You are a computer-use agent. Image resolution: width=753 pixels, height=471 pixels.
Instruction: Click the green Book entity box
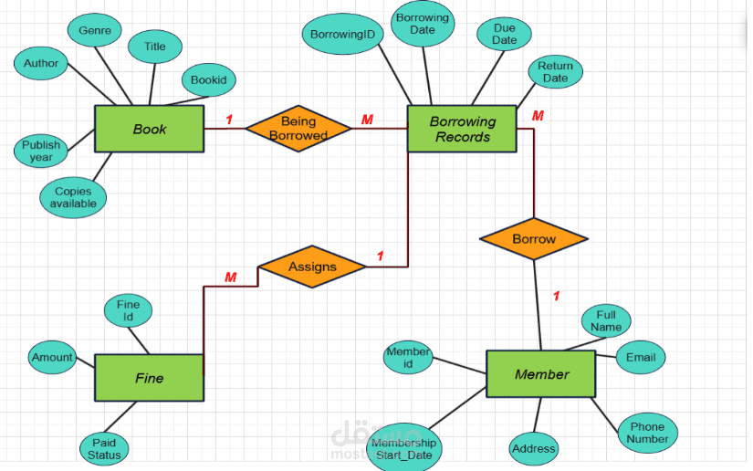pyautogui.click(x=149, y=129)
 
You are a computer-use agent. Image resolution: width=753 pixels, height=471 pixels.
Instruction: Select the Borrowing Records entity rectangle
pyautogui.click(x=462, y=129)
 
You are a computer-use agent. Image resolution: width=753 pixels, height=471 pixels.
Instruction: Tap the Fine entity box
pyautogui.click(x=149, y=377)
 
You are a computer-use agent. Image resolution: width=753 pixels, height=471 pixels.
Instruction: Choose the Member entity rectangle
pyautogui.click(x=540, y=373)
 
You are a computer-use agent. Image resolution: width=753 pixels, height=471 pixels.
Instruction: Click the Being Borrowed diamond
pyautogui.click(x=298, y=128)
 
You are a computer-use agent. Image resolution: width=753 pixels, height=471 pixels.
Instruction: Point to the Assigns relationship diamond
pyautogui.click(x=312, y=267)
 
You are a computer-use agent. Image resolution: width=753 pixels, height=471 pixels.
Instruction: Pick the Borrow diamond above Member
pyautogui.click(x=533, y=239)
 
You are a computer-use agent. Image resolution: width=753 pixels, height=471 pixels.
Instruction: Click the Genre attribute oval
pyautogui.click(x=95, y=30)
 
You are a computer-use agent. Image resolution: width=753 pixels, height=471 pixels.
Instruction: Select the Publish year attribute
pyautogui.click(x=41, y=151)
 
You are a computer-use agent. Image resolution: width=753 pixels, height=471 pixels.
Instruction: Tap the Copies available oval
pyautogui.click(x=74, y=197)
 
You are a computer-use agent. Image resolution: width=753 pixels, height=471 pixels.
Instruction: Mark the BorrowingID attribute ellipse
pyautogui.click(x=342, y=35)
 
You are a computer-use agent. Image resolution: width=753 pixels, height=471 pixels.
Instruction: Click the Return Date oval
pyautogui.click(x=555, y=72)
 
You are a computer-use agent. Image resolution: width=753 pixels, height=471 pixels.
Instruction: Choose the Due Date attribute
pyautogui.click(x=504, y=35)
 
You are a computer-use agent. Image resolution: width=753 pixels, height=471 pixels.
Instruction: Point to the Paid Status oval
pyautogui.click(x=104, y=448)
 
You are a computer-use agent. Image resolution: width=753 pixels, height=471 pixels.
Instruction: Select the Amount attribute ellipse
pyautogui.click(x=52, y=357)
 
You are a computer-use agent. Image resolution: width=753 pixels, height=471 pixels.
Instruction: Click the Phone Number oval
pyautogui.click(x=647, y=433)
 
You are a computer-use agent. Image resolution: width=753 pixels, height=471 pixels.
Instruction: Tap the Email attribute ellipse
pyautogui.click(x=641, y=358)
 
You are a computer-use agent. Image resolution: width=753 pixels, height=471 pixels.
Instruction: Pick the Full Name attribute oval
pyautogui.click(x=606, y=321)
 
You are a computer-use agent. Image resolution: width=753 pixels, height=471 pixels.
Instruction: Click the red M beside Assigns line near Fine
pyautogui.click(x=231, y=277)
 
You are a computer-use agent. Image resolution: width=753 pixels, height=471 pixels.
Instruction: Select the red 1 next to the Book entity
pyautogui.click(x=228, y=119)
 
